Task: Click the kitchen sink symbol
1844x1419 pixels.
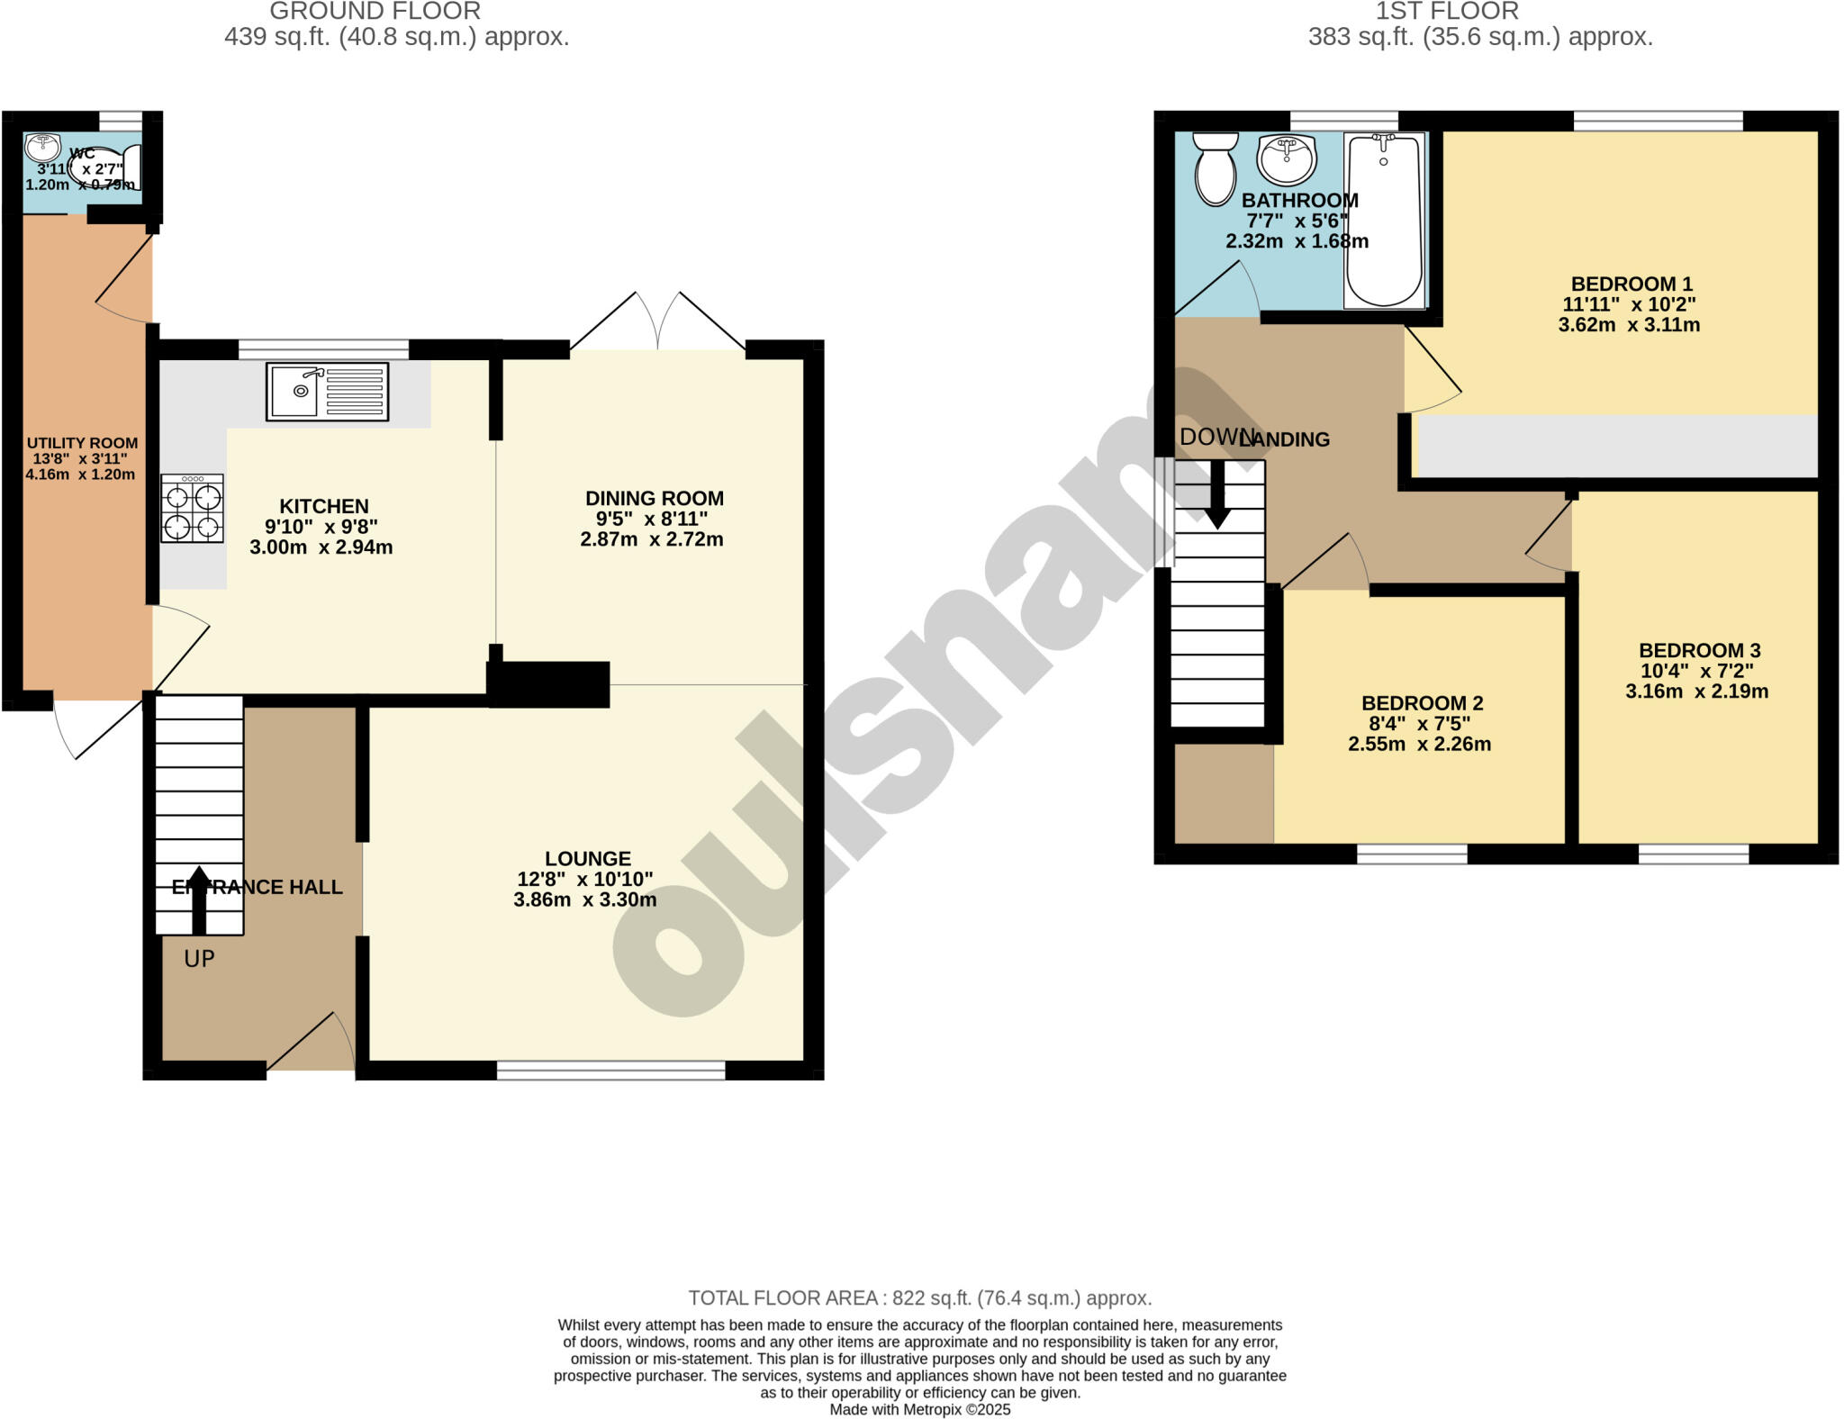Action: point(327,392)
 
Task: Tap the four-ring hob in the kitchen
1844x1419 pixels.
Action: point(192,510)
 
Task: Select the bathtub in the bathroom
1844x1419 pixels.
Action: point(1384,221)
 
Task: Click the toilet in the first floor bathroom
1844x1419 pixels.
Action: point(1216,169)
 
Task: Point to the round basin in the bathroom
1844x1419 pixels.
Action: point(1288,159)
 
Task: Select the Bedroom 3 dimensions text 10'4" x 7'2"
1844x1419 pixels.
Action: point(1696,671)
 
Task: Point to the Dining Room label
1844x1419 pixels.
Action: point(654,498)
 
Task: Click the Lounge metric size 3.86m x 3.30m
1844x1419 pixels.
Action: point(585,899)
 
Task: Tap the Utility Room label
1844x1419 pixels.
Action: point(82,443)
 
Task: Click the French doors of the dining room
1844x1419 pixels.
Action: point(658,322)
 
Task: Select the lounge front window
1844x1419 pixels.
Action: point(610,1070)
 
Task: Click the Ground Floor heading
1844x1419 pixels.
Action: point(375,12)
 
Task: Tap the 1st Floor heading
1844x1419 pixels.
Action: point(1447,12)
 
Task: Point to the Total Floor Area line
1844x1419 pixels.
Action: point(920,1297)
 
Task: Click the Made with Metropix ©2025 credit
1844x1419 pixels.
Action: point(920,1410)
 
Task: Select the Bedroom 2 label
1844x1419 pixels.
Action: point(1422,703)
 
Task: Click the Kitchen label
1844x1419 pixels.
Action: point(323,506)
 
